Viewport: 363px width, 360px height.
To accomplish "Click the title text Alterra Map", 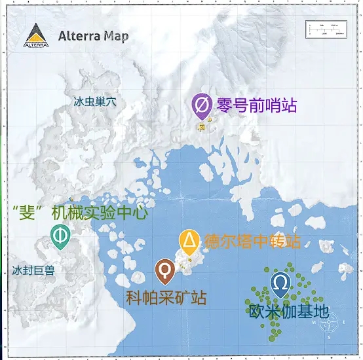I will [x=94, y=35].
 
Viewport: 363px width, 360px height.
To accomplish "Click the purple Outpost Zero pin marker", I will [x=202, y=105].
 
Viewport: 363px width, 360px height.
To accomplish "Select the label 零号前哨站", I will [x=247, y=104].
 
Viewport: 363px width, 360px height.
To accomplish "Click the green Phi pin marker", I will [x=60, y=236].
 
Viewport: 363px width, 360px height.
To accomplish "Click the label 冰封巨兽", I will [x=33, y=270].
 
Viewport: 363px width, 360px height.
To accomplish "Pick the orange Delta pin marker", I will [x=189, y=242].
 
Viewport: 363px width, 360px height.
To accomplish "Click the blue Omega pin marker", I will [x=280, y=284].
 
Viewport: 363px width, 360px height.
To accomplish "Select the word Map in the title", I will [x=117, y=35].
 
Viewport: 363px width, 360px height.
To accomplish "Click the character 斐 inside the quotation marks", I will [x=29, y=212].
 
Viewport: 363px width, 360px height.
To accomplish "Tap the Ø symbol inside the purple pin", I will [x=202, y=103].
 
